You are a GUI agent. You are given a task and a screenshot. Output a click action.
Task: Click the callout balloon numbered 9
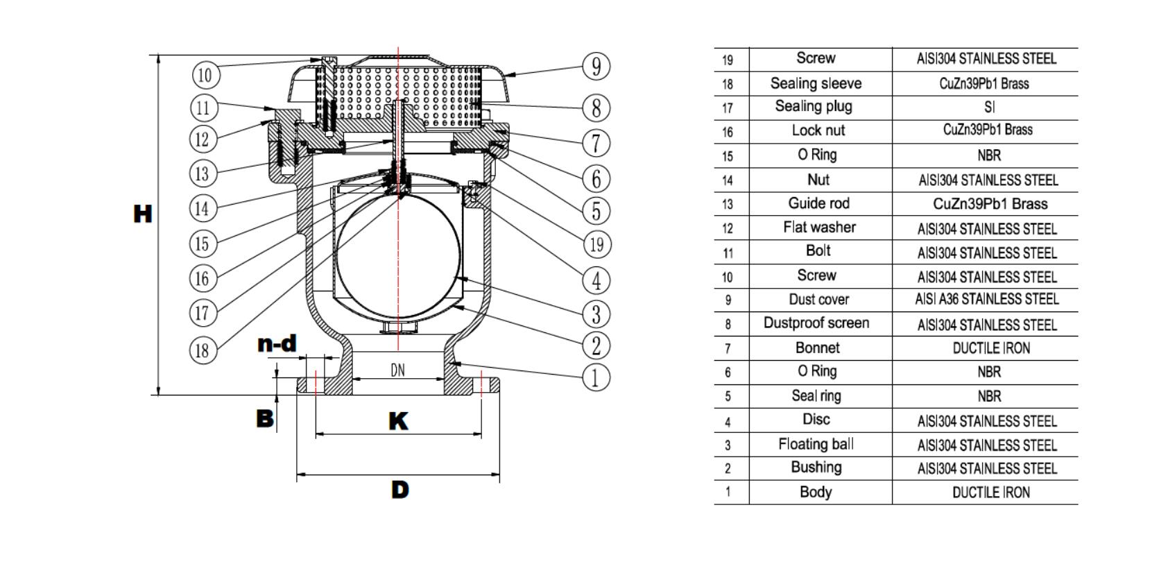596,67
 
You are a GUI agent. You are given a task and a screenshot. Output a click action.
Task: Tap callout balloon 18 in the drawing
203,350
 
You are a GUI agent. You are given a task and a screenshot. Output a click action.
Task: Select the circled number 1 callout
596,377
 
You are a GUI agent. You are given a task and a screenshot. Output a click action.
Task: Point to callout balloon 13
203,173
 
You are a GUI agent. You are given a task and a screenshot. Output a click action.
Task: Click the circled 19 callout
596,244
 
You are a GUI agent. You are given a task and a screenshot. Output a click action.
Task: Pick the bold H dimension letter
142,214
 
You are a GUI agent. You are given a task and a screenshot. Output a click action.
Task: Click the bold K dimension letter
398,421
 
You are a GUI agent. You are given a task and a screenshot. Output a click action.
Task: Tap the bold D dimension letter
400,490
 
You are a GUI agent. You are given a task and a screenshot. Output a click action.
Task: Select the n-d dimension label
277,343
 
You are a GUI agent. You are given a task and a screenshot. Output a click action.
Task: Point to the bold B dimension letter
265,418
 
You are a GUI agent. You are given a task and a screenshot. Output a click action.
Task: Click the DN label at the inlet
397,370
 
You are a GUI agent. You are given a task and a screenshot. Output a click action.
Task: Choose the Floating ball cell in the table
816,444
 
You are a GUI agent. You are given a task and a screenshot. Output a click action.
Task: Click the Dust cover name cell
818,300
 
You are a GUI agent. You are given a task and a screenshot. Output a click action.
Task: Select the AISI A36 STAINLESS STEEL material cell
986,299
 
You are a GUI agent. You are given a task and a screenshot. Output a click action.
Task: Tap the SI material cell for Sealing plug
989,108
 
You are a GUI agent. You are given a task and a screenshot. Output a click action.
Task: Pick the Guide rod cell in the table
818,203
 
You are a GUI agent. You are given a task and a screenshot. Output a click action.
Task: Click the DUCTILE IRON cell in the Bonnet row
990,348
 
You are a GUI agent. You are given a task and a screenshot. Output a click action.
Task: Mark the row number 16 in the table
728,132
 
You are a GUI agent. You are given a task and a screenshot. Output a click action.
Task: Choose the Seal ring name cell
816,395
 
